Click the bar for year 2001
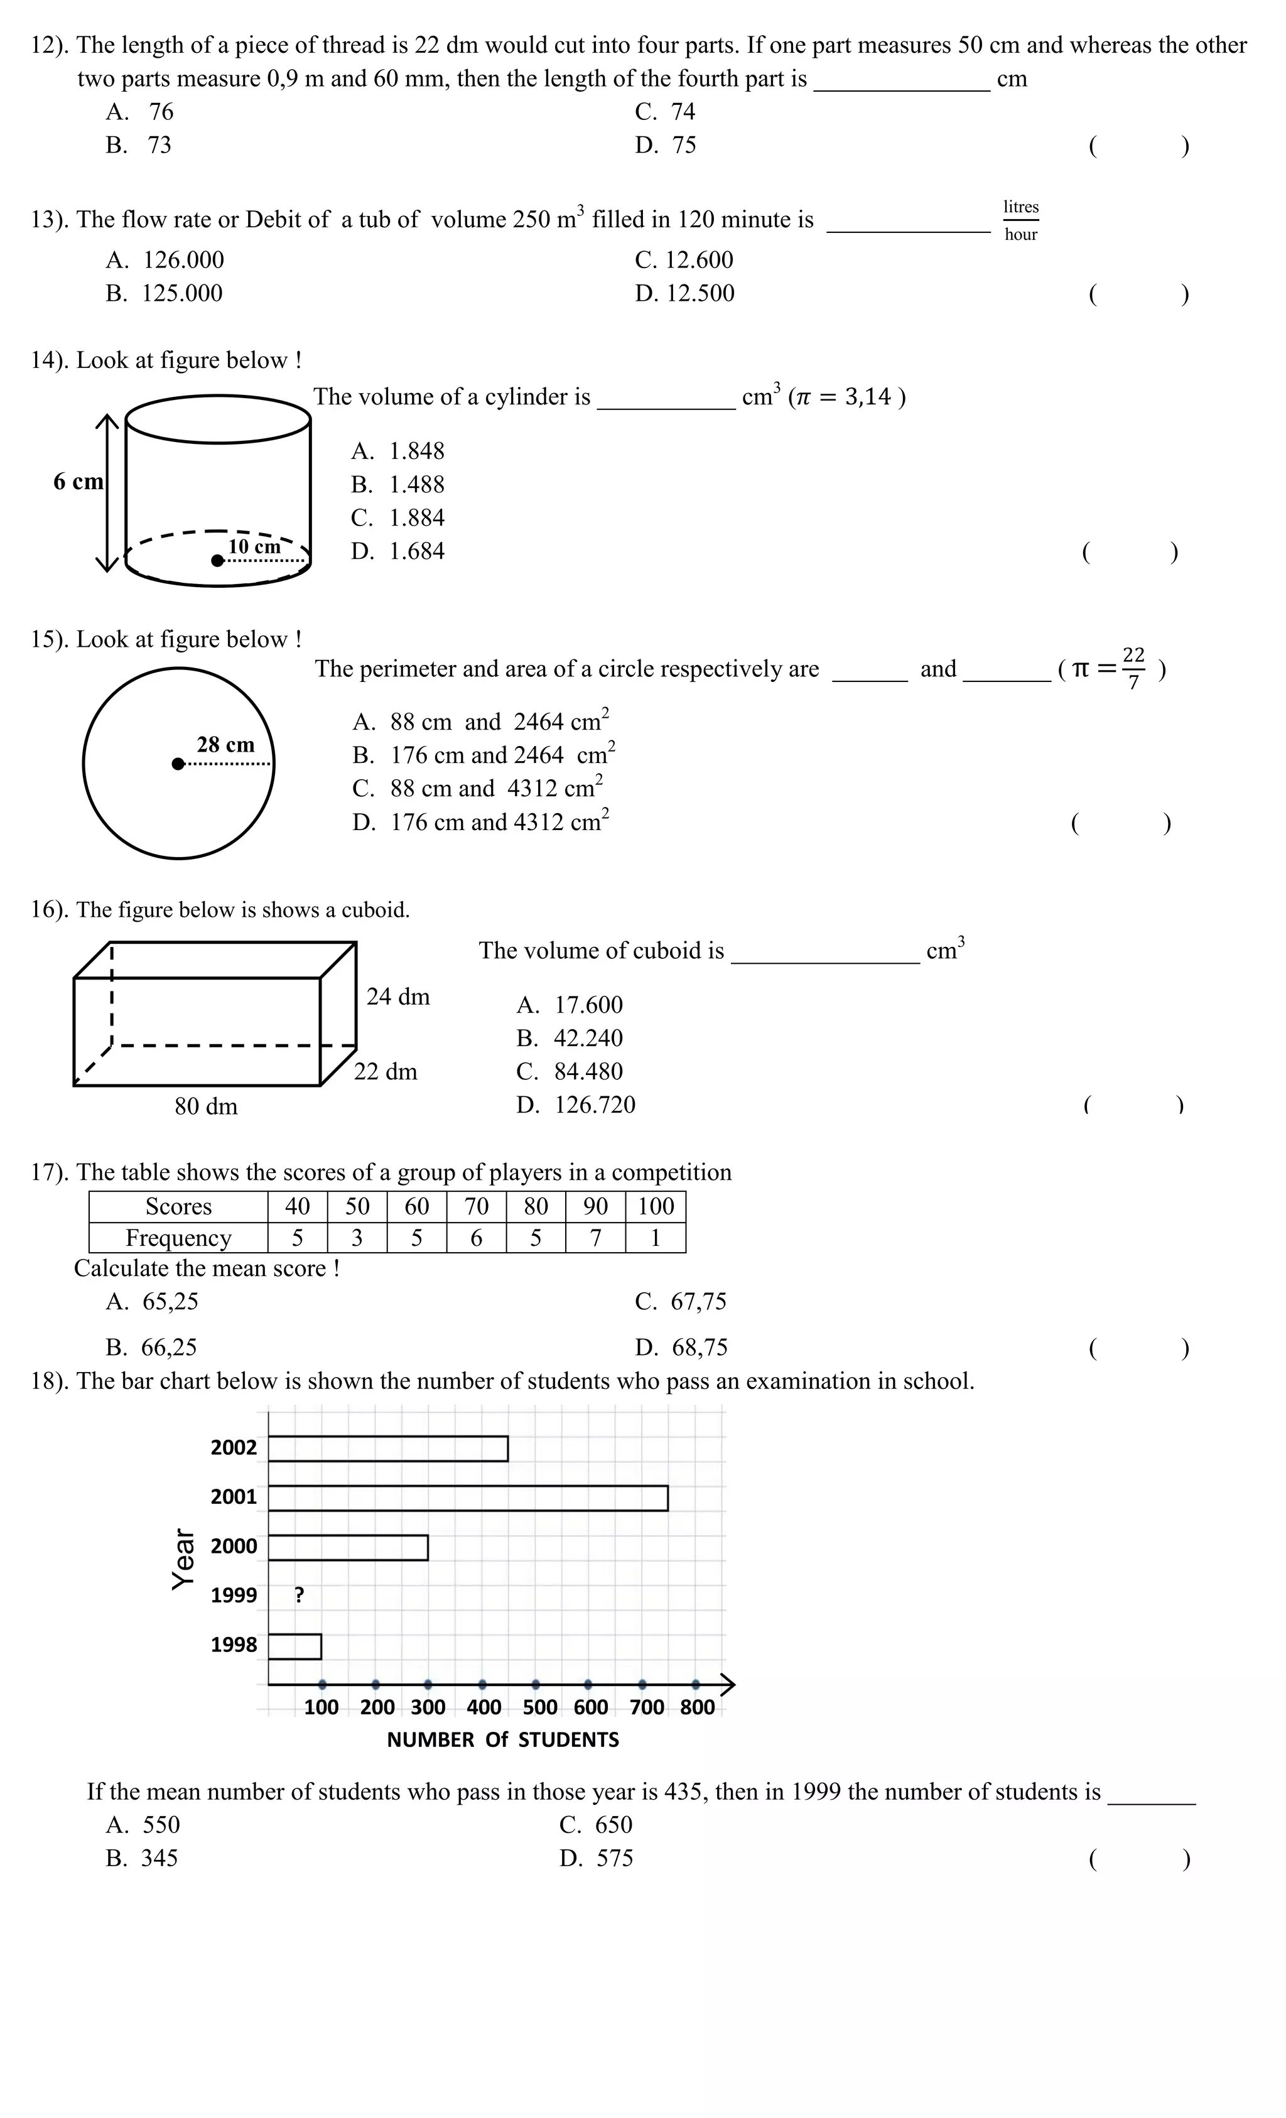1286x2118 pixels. tap(468, 1498)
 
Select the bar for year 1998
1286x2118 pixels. tap(295, 1646)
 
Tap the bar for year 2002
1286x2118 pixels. tap(387, 1449)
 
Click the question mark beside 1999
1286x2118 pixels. tap(299, 1596)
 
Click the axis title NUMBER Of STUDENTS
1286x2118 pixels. tap(503, 1740)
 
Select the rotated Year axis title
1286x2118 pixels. tap(182, 1559)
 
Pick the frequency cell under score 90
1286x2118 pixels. tap(595, 1238)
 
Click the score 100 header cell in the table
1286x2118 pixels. tap(655, 1206)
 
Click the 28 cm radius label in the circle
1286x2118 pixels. tap(225, 744)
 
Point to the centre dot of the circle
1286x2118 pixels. tap(178, 764)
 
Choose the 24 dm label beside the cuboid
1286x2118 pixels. tap(398, 997)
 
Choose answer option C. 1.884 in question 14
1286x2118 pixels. tap(398, 517)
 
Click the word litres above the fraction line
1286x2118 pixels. tap(1020, 207)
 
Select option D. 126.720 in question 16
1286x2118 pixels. tap(576, 1105)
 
